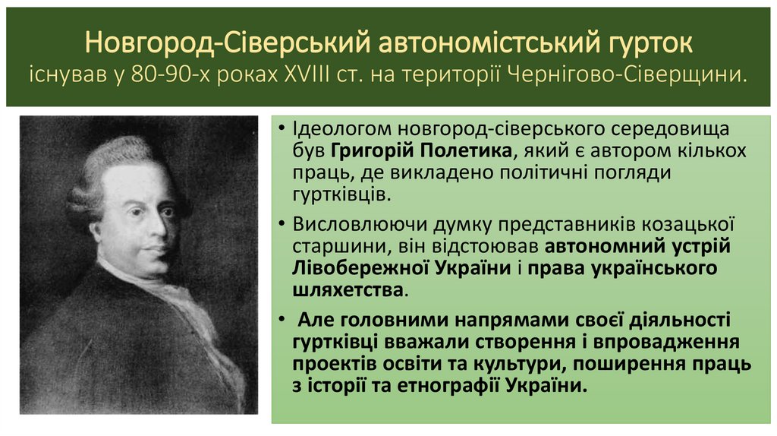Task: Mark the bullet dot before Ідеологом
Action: [x=282, y=130]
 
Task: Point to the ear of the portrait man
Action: [x=96, y=228]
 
